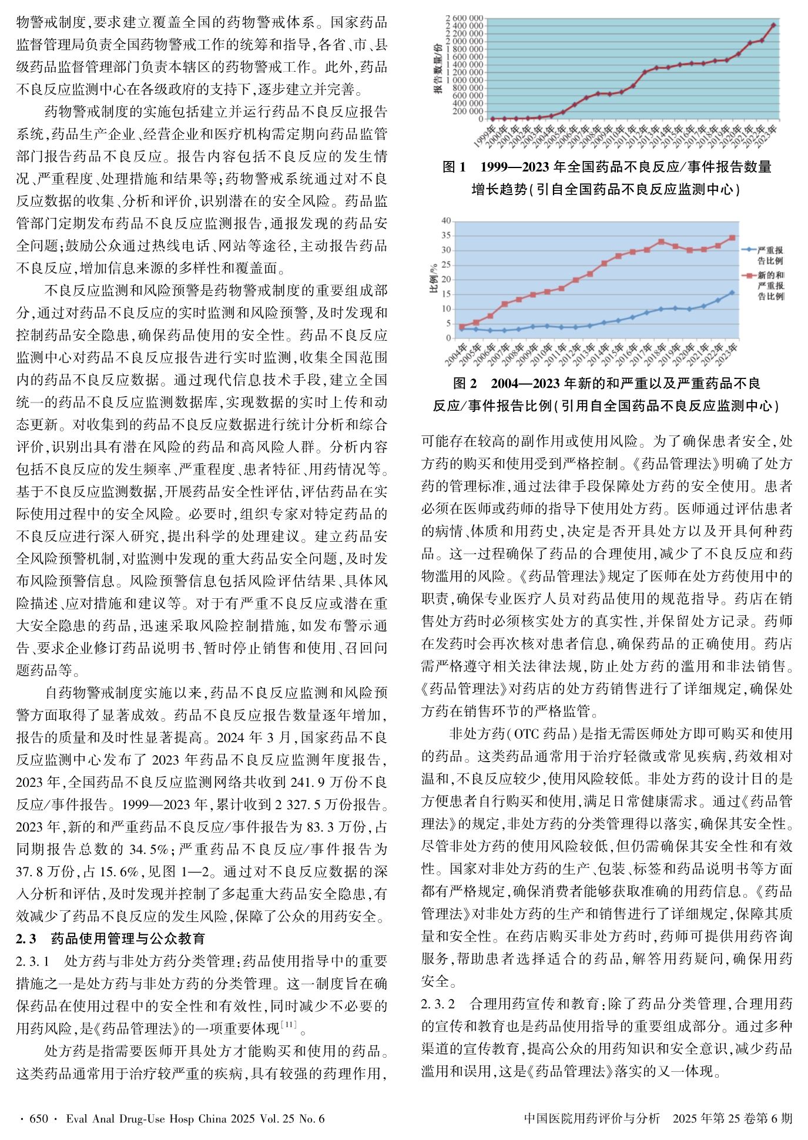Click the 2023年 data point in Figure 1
[773, 25]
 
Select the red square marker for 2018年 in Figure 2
[661, 242]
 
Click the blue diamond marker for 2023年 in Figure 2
[732, 293]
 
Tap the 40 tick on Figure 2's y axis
[445, 221]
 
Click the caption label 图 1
[454, 167]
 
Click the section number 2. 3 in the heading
[26, 937]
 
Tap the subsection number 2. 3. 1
[35, 962]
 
